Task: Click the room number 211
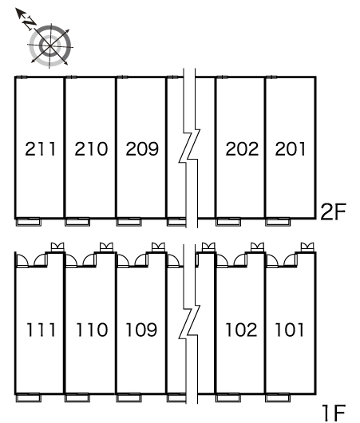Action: (40, 148)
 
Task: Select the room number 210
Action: (91, 148)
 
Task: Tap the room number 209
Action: (142, 148)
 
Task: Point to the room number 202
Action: (242, 148)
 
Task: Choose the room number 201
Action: (291, 148)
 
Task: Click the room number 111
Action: (41, 330)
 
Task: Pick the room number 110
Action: (92, 330)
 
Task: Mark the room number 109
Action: (141, 330)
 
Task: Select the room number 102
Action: (241, 330)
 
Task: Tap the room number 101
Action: (289, 330)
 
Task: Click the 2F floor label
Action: (333, 212)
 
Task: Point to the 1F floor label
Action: (334, 413)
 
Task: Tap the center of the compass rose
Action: (50, 45)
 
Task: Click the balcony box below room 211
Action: (28, 222)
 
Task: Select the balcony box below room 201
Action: (278, 222)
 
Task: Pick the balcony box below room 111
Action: (28, 398)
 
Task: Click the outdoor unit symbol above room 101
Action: (307, 247)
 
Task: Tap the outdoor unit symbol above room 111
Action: (57, 247)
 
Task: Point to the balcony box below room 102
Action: (228, 398)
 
